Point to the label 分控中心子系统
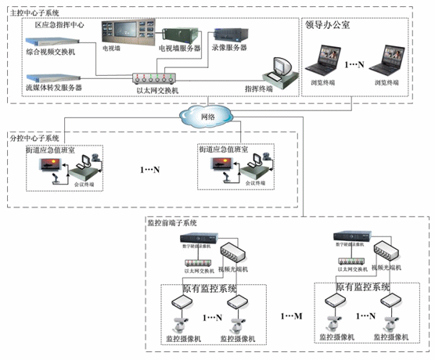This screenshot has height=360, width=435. pos(35,137)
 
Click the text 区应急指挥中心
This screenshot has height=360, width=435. pos(60,25)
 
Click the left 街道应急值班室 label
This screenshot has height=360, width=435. pos(51,148)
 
